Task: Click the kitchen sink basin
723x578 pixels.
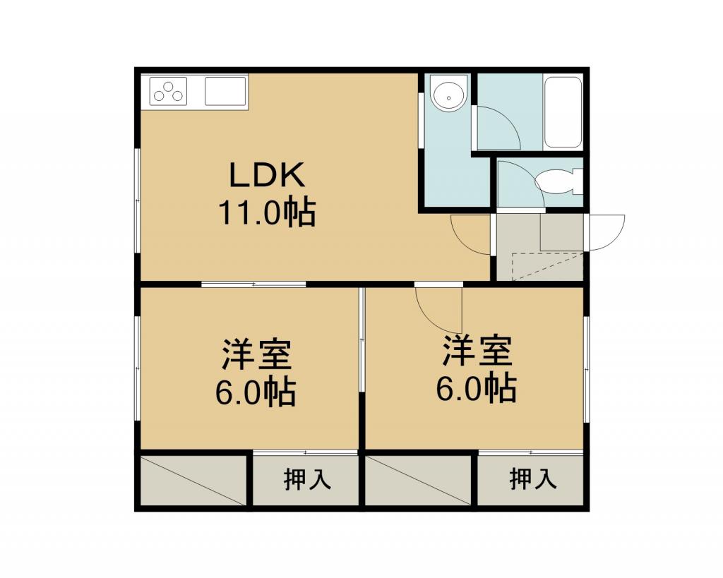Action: pyautogui.click(x=225, y=91)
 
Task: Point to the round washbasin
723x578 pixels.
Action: pyautogui.click(x=449, y=95)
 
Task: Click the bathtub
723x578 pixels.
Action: pyautogui.click(x=563, y=112)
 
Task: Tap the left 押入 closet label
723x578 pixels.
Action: pyautogui.click(x=307, y=479)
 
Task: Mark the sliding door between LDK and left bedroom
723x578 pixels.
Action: pyautogui.click(x=254, y=284)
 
